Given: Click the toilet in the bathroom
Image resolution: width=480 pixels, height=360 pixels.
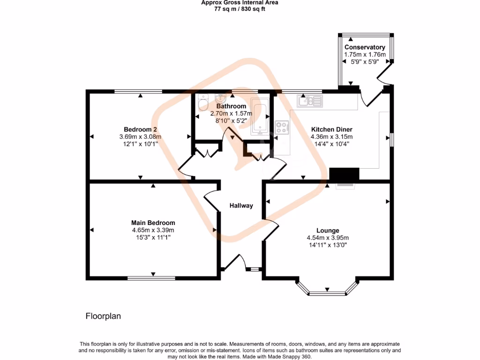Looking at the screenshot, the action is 203,102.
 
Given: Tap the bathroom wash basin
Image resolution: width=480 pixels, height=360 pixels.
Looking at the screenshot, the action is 220,98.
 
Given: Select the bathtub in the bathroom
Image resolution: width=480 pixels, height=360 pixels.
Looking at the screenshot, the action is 260,117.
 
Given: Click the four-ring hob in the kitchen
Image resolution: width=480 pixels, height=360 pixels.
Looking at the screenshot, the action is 282,127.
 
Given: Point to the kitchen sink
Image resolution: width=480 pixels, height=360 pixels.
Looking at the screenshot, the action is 309,101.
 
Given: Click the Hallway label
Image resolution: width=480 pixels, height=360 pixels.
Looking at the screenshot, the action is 241,206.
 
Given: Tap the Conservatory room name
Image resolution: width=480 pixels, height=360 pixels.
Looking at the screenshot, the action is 365,47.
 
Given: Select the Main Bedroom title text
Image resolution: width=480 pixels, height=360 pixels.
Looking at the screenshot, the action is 153,223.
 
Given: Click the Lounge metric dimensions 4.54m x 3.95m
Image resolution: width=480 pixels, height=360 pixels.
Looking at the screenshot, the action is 328,238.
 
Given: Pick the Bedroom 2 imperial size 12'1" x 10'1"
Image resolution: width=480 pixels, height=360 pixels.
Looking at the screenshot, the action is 140,144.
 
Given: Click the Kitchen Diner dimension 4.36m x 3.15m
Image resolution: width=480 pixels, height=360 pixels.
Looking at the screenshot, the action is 331,137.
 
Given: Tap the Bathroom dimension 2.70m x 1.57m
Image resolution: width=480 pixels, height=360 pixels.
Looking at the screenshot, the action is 231,113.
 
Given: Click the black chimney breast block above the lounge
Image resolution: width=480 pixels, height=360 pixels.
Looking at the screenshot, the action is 344,174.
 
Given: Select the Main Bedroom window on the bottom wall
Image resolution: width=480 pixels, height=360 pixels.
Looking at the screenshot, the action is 151,278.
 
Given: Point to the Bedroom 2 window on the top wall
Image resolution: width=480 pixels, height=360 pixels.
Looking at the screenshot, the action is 138,91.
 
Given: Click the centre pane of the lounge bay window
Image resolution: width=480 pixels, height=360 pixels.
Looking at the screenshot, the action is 327,294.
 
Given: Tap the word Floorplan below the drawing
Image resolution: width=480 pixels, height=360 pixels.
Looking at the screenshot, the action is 103,316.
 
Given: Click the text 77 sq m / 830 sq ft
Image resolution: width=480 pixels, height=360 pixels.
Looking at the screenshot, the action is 240,9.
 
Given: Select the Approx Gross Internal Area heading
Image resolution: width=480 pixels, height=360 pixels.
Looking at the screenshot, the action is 240,3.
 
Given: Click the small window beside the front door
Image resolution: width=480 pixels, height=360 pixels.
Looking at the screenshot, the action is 254,270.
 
